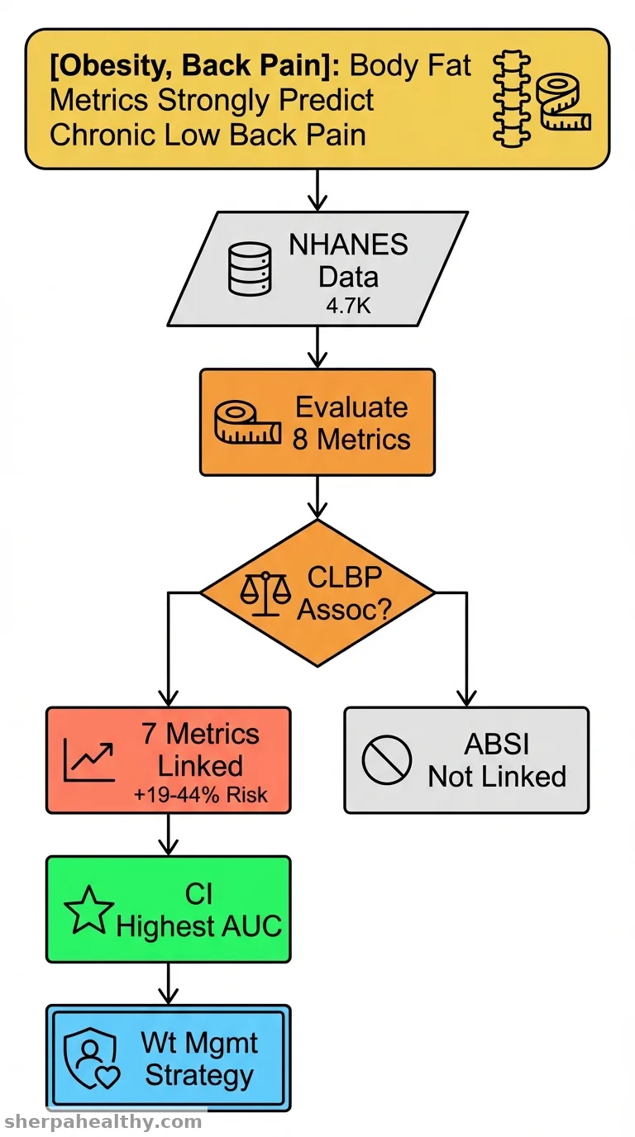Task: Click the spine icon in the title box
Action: tap(512, 98)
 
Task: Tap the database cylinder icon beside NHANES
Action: tap(250, 269)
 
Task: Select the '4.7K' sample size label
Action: tap(348, 306)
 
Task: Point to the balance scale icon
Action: tap(265, 594)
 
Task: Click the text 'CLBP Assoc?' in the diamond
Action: tap(345, 592)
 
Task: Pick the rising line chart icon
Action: tap(89, 760)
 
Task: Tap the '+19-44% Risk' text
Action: tap(201, 795)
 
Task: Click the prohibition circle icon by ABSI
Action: tap(386, 760)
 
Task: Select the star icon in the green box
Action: tap(89, 910)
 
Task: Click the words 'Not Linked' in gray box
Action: tap(497, 777)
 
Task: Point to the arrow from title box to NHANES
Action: tap(317, 190)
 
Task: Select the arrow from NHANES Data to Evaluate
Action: tap(317, 347)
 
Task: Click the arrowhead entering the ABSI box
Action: tap(466, 698)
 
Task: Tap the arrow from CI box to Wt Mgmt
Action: tap(168, 983)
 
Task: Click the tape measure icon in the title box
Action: tap(563, 102)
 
